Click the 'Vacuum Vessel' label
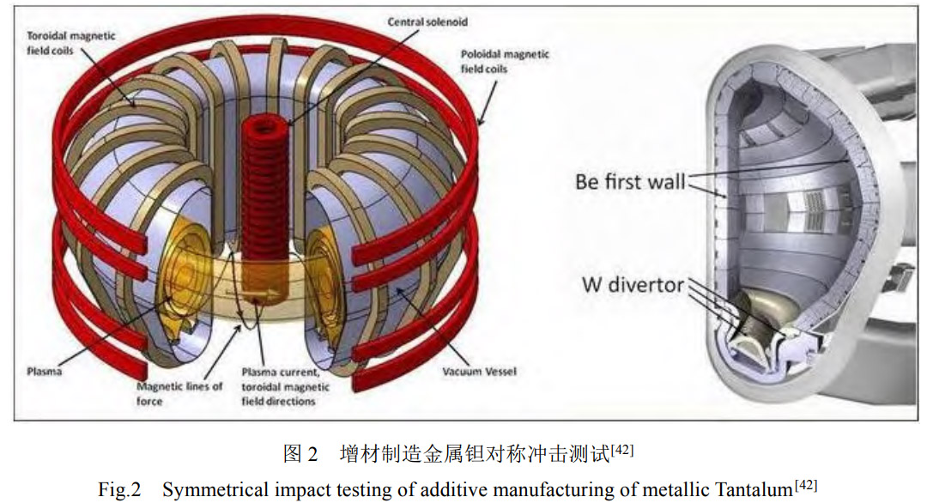pos(480,373)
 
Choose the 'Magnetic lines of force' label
pos(179,392)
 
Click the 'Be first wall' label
pos(630,182)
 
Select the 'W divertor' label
pos(633,284)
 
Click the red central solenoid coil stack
pos(263,197)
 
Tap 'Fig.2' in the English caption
pos(118,490)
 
